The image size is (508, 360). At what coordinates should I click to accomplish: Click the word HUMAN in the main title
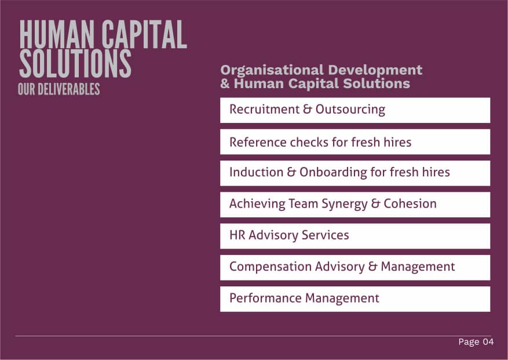tap(57, 34)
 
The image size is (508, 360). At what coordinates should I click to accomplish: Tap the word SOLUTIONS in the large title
tap(75, 64)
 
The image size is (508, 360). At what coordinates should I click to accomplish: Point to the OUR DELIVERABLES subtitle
tap(59, 89)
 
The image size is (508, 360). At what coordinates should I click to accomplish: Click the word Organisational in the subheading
tap(272, 70)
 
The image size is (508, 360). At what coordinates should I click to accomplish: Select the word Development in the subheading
tap(375, 70)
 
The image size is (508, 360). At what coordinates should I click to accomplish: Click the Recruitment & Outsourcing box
tap(355, 110)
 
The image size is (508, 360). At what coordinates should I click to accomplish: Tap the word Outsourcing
tap(350, 110)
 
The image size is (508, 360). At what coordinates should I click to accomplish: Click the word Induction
tap(256, 172)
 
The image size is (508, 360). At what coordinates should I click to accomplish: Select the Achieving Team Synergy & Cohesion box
tap(355, 205)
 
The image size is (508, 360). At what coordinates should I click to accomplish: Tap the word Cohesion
tap(410, 203)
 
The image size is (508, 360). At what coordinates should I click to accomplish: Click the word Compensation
tap(270, 267)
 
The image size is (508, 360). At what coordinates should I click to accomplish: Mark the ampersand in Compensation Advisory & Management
tap(373, 267)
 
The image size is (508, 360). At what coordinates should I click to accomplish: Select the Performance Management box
tap(355, 299)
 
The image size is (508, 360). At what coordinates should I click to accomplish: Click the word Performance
tap(265, 298)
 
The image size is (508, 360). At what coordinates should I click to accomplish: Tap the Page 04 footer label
tap(476, 342)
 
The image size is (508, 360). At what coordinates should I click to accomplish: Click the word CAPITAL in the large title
tap(144, 34)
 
